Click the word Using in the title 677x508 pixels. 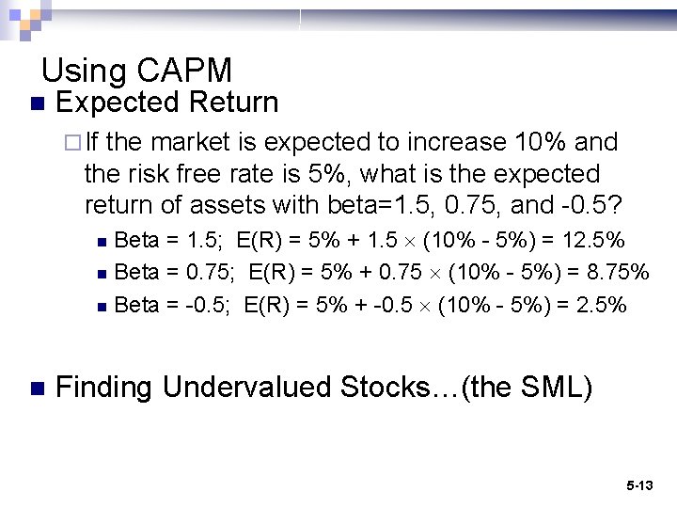tap(85, 71)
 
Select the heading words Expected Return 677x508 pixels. tap(167, 103)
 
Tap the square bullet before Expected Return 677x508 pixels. tap(37, 103)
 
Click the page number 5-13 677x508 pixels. tap(639, 486)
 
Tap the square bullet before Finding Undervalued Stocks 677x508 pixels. tap(37, 388)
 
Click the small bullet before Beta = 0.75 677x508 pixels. tap(102, 274)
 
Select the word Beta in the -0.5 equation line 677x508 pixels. tap(136, 305)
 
